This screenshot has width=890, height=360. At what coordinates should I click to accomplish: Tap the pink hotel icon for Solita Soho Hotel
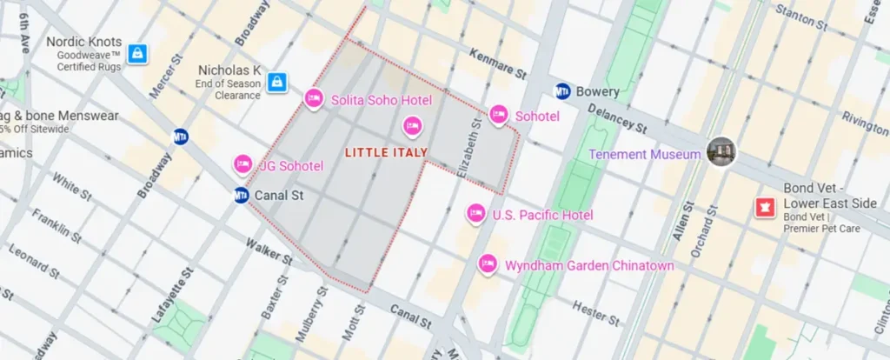click(315, 100)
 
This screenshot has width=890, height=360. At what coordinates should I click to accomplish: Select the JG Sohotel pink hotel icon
click(243, 165)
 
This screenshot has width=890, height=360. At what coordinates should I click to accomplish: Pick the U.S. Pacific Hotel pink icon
click(475, 214)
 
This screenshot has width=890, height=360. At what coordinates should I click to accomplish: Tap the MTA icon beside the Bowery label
click(562, 91)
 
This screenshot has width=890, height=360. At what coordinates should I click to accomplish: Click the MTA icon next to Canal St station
click(242, 196)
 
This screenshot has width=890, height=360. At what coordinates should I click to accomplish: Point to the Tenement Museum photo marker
click(721, 153)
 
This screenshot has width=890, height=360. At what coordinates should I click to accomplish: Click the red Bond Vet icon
click(766, 208)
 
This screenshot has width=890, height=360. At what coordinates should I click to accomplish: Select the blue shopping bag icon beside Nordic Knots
click(136, 54)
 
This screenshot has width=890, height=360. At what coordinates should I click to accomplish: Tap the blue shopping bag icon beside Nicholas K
click(276, 82)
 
